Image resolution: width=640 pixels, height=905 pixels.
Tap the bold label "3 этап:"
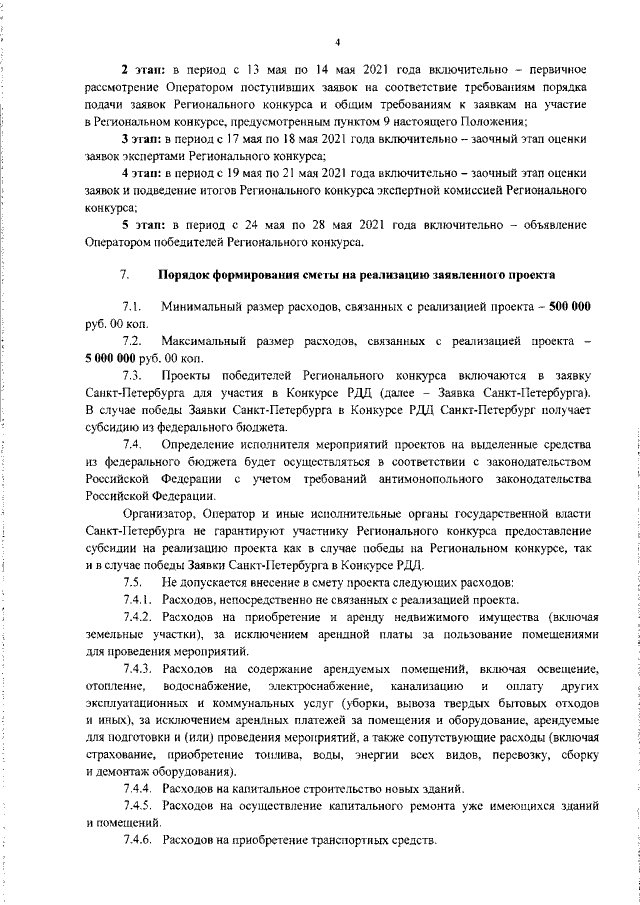(142, 137)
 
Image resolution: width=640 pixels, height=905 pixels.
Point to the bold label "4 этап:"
(142, 174)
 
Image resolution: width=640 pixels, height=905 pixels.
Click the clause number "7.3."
(132, 375)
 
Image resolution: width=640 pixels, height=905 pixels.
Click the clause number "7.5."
(132, 582)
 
